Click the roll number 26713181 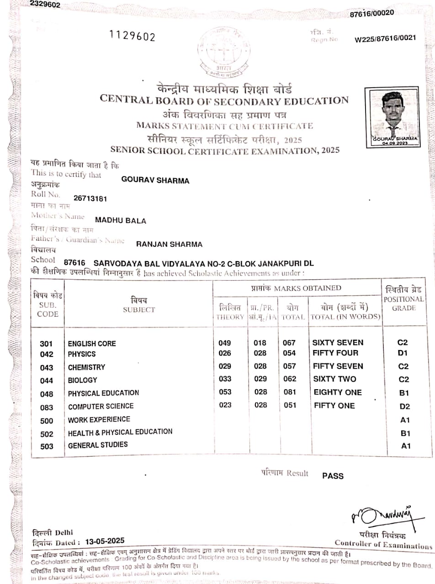pyautogui.click(x=91, y=198)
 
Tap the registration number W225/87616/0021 pyautogui.click(x=385, y=38)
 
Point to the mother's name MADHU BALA pyautogui.click(x=121, y=221)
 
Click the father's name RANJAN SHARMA pyautogui.click(x=169, y=244)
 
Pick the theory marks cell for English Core pyautogui.click(x=225, y=343)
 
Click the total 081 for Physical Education pyautogui.click(x=290, y=392)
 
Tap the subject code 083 pyautogui.click(x=47, y=407)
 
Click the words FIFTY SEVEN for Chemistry pyautogui.click(x=338, y=366)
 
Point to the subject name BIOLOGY pyautogui.click(x=83, y=380)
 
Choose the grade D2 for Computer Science pyautogui.click(x=404, y=407)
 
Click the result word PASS pyautogui.click(x=333, y=476)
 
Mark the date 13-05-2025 pyautogui.click(x=103, y=542)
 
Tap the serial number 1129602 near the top pyautogui.click(x=133, y=36)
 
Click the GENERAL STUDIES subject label pyautogui.click(x=98, y=445)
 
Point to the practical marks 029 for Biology pyautogui.click(x=260, y=379)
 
